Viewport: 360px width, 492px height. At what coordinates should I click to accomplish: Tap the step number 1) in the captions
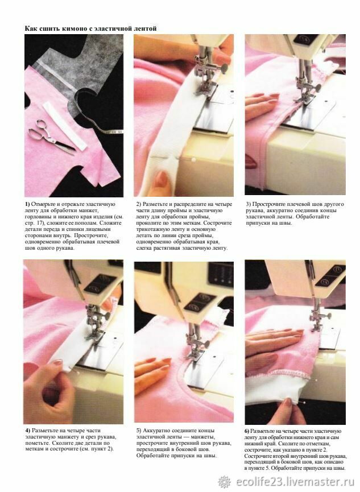27,204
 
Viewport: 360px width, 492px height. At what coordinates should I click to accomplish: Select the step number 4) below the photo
28,431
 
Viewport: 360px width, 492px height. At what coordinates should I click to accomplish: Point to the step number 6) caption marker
247,431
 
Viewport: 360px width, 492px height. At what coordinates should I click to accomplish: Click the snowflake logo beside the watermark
225,482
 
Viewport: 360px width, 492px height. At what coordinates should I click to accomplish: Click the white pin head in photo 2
193,160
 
